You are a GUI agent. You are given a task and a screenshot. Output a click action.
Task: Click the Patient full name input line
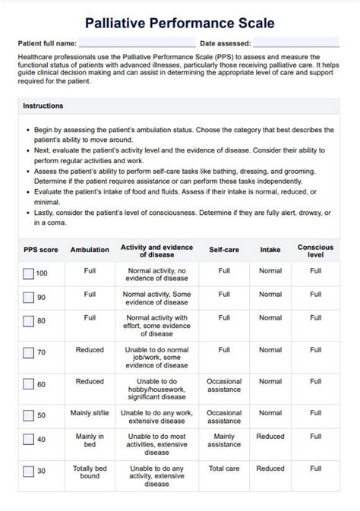point(137,44)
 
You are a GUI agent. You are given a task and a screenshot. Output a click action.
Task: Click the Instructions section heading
point(43,106)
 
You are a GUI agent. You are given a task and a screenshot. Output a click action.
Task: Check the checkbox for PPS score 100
point(29,274)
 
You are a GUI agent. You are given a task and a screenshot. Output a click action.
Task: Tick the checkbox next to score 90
point(29,298)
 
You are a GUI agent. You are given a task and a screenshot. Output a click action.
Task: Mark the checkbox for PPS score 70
point(29,352)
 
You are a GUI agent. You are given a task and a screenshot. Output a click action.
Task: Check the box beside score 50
point(29,415)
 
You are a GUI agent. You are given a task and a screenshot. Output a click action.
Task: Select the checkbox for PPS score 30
point(29,472)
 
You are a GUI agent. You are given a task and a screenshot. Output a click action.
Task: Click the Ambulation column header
point(90,250)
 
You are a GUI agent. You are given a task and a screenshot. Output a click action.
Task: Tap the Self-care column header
point(224,250)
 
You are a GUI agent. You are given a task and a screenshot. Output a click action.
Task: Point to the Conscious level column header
point(315,251)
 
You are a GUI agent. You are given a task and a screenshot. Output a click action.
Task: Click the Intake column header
point(270,250)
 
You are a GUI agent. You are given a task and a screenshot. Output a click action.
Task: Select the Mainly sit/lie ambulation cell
point(90,413)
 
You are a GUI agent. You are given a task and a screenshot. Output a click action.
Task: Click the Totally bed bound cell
point(90,472)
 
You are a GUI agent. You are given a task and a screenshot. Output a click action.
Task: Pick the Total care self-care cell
point(224,468)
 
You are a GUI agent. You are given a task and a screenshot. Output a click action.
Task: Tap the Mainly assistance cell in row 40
point(224,440)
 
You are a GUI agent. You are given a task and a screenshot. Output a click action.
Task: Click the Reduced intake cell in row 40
point(270,437)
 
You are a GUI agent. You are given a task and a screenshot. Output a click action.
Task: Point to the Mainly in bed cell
point(90,440)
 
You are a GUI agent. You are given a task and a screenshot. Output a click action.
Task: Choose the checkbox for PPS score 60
point(29,385)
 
